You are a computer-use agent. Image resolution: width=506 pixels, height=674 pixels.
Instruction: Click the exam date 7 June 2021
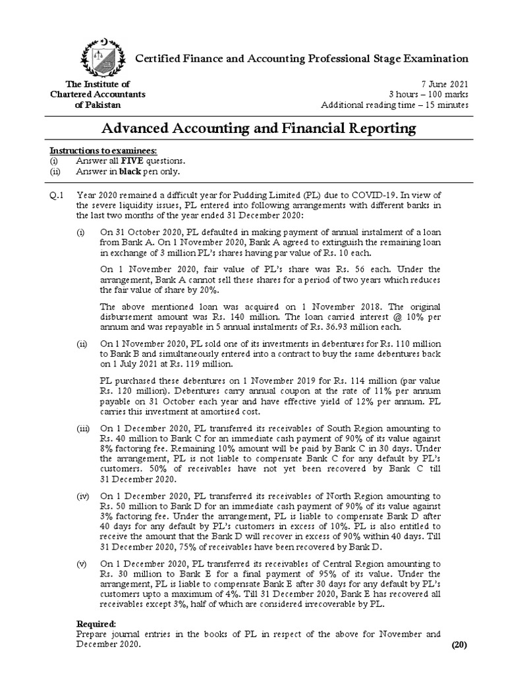click(445, 84)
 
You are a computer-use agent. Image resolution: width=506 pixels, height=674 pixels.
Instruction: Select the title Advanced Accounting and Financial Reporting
click(260, 127)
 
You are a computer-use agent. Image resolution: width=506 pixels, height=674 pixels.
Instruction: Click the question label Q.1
click(59, 194)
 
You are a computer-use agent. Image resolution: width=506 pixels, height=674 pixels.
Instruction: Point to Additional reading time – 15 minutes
click(394, 105)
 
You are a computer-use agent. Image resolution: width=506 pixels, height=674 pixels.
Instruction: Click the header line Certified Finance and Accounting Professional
click(302, 59)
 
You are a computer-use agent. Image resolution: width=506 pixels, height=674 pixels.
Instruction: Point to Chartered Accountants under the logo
click(98, 94)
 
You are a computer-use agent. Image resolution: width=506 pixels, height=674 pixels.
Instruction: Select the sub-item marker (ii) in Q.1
click(81, 344)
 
